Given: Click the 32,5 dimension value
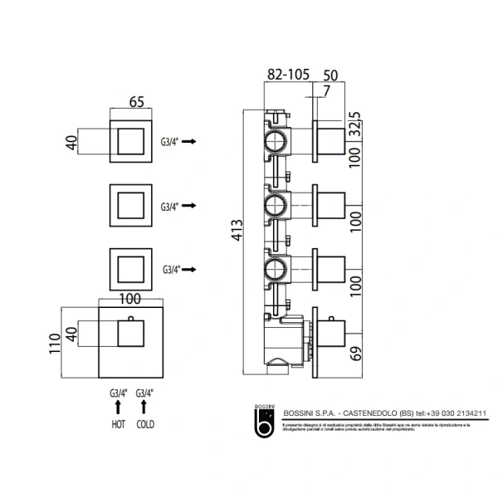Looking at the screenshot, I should (x=355, y=120).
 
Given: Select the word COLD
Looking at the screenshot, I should (x=146, y=423).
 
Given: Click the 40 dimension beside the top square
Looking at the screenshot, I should (x=71, y=140).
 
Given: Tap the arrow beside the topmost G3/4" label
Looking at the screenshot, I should (x=188, y=142).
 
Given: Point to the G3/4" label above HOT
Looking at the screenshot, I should (x=117, y=393).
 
